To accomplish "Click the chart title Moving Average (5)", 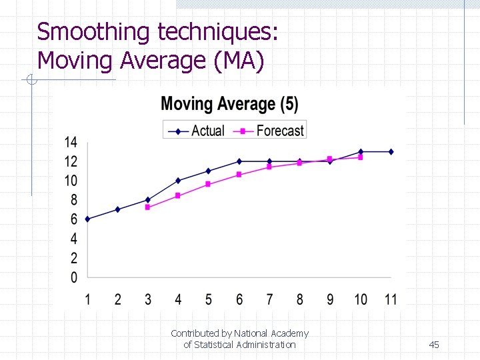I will pyautogui.click(x=229, y=105).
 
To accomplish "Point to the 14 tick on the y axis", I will pyautogui.click(x=71, y=142).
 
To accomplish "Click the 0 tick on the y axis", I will pyautogui.click(x=73, y=277).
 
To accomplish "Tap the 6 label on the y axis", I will pyautogui.click(x=73, y=219).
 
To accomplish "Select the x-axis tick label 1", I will pyautogui.click(x=87, y=299).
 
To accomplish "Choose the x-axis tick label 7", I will pyautogui.click(x=269, y=299).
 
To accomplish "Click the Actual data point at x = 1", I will pyautogui.click(x=87, y=219).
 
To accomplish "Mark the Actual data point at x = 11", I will pyautogui.click(x=391, y=151).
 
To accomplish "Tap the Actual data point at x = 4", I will pyautogui.click(x=178, y=181).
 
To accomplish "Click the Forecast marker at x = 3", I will pyautogui.click(x=147, y=207).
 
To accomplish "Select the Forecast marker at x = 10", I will pyautogui.click(x=360, y=157).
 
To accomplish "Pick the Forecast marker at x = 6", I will pyautogui.click(x=239, y=175).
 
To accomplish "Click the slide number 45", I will pyautogui.click(x=434, y=345).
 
